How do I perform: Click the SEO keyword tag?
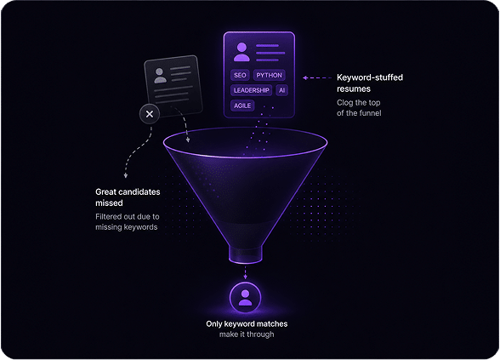pyautogui.click(x=240, y=75)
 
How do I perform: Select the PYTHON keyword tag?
pyautogui.click(x=269, y=75)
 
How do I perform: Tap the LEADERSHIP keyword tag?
pyautogui.click(x=252, y=90)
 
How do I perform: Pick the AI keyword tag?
pyautogui.click(x=282, y=90)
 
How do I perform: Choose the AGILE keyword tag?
pyautogui.click(x=242, y=106)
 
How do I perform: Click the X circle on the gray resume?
pyautogui.click(x=150, y=114)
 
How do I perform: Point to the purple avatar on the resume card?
pyautogui.click(x=241, y=52)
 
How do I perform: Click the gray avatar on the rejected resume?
pyautogui.click(x=160, y=76)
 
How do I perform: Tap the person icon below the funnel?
pyautogui.click(x=245, y=298)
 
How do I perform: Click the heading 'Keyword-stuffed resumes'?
pyautogui.click(x=370, y=83)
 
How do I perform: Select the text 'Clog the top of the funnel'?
pyautogui.click(x=359, y=108)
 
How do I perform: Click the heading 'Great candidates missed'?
pyautogui.click(x=128, y=197)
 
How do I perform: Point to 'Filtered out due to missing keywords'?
pyautogui.click(x=128, y=222)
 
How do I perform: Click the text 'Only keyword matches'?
pyautogui.click(x=247, y=324)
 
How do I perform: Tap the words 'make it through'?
pyautogui.click(x=247, y=334)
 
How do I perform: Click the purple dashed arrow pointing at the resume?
pyautogui.click(x=317, y=77)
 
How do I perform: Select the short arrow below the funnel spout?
pyautogui.click(x=245, y=272)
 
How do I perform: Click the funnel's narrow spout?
pyautogui.click(x=245, y=254)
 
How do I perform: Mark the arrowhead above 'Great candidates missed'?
pyautogui.click(x=126, y=175)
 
